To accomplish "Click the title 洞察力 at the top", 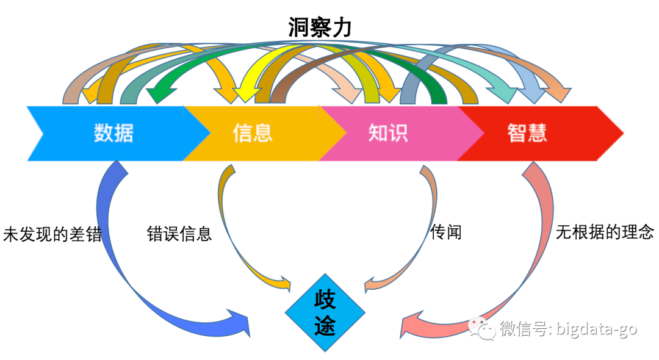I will pyautogui.click(x=320, y=27).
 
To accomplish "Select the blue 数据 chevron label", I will pyautogui.click(x=113, y=133).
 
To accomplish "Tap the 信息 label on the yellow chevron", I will pyautogui.click(x=252, y=133).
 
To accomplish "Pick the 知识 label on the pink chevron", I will pyautogui.click(x=388, y=133).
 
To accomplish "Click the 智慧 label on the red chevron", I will pyautogui.click(x=527, y=133).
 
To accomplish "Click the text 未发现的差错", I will pyautogui.click(x=52, y=235).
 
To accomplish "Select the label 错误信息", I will pyautogui.click(x=179, y=234).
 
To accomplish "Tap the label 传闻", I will pyautogui.click(x=445, y=232).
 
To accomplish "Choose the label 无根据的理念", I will pyautogui.click(x=605, y=232).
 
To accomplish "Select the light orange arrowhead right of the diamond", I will pyautogui.click(x=372, y=284).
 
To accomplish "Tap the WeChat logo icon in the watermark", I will pyautogui.click(x=483, y=329).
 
